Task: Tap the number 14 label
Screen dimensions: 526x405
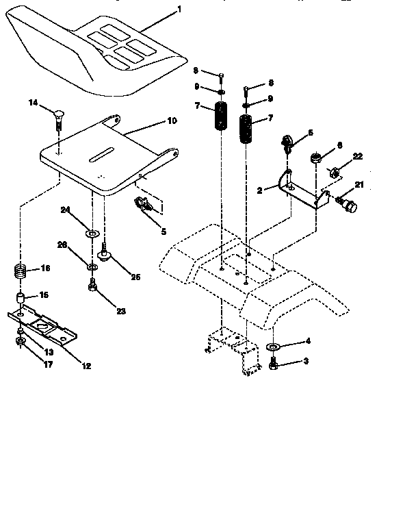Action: [x=33, y=103]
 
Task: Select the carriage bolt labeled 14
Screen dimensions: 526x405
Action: [x=57, y=118]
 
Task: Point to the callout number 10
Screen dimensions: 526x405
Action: [x=171, y=120]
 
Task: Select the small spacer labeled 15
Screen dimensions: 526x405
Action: [x=21, y=299]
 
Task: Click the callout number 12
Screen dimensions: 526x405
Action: [x=86, y=366]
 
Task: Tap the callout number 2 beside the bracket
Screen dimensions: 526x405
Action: [x=259, y=191]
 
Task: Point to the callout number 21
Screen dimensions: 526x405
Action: [x=359, y=184]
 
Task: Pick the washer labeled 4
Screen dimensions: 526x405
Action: [x=272, y=347]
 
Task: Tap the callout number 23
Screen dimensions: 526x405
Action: [x=121, y=311]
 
